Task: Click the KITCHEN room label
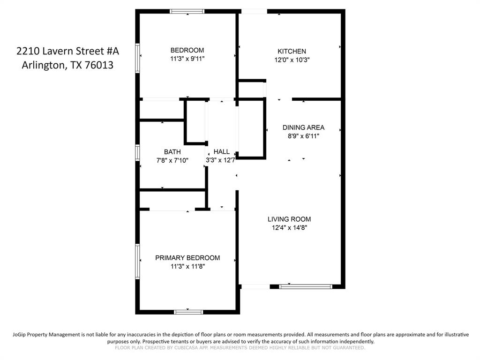tap(292, 51)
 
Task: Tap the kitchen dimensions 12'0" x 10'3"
tap(292, 60)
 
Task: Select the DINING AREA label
tap(303, 127)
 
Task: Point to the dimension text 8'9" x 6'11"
tap(303, 136)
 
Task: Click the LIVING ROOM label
tap(289, 219)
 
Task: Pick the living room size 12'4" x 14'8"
tap(289, 228)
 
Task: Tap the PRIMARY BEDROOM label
tap(187, 258)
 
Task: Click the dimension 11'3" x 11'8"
tap(187, 266)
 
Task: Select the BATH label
tap(172, 152)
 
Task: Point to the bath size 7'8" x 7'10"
tap(172, 160)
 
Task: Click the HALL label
tap(222, 152)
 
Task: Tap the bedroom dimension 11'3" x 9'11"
tap(187, 59)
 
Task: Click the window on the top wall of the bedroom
tap(187, 11)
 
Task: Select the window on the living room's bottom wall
tap(306, 286)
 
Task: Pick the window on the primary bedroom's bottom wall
tap(188, 312)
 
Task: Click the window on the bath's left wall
tap(138, 152)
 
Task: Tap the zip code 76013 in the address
tap(99, 65)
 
